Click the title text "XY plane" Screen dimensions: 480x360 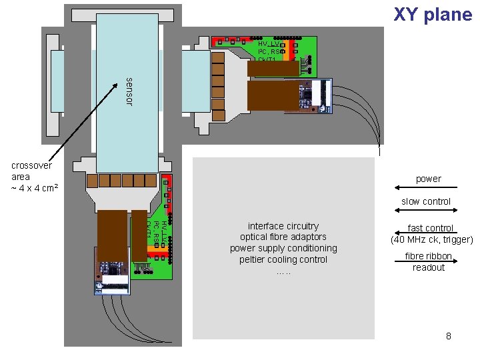[x=432, y=15]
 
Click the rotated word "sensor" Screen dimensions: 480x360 [x=129, y=91]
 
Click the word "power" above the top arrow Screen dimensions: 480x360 [x=428, y=179]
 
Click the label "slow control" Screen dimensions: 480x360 [x=425, y=201]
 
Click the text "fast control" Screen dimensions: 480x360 [x=430, y=228]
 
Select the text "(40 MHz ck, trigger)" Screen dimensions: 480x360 [x=431, y=239]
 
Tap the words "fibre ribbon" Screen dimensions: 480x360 [x=428, y=257]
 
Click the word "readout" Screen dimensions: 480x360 [x=428, y=267]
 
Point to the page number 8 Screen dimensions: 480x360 [x=448, y=336]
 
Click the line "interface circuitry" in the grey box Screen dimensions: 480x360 [x=283, y=226]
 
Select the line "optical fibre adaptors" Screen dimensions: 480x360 [x=283, y=237]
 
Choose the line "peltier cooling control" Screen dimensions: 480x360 [x=283, y=259]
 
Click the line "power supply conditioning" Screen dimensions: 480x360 [x=283, y=248]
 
